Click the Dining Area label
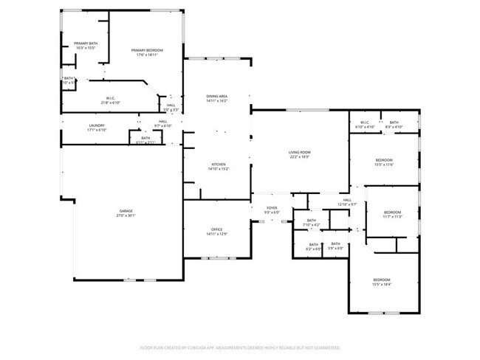[216, 97]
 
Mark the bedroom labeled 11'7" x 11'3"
[392, 213]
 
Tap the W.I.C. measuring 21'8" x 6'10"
[110, 100]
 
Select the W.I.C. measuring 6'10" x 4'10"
[365, 125]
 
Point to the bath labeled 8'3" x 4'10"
[394, 125]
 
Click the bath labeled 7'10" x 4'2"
[312, 222]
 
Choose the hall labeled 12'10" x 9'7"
[347, 201]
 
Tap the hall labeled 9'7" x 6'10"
[163, 124]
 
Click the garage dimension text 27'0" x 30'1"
[126, 216]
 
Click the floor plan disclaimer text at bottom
[240, 346]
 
